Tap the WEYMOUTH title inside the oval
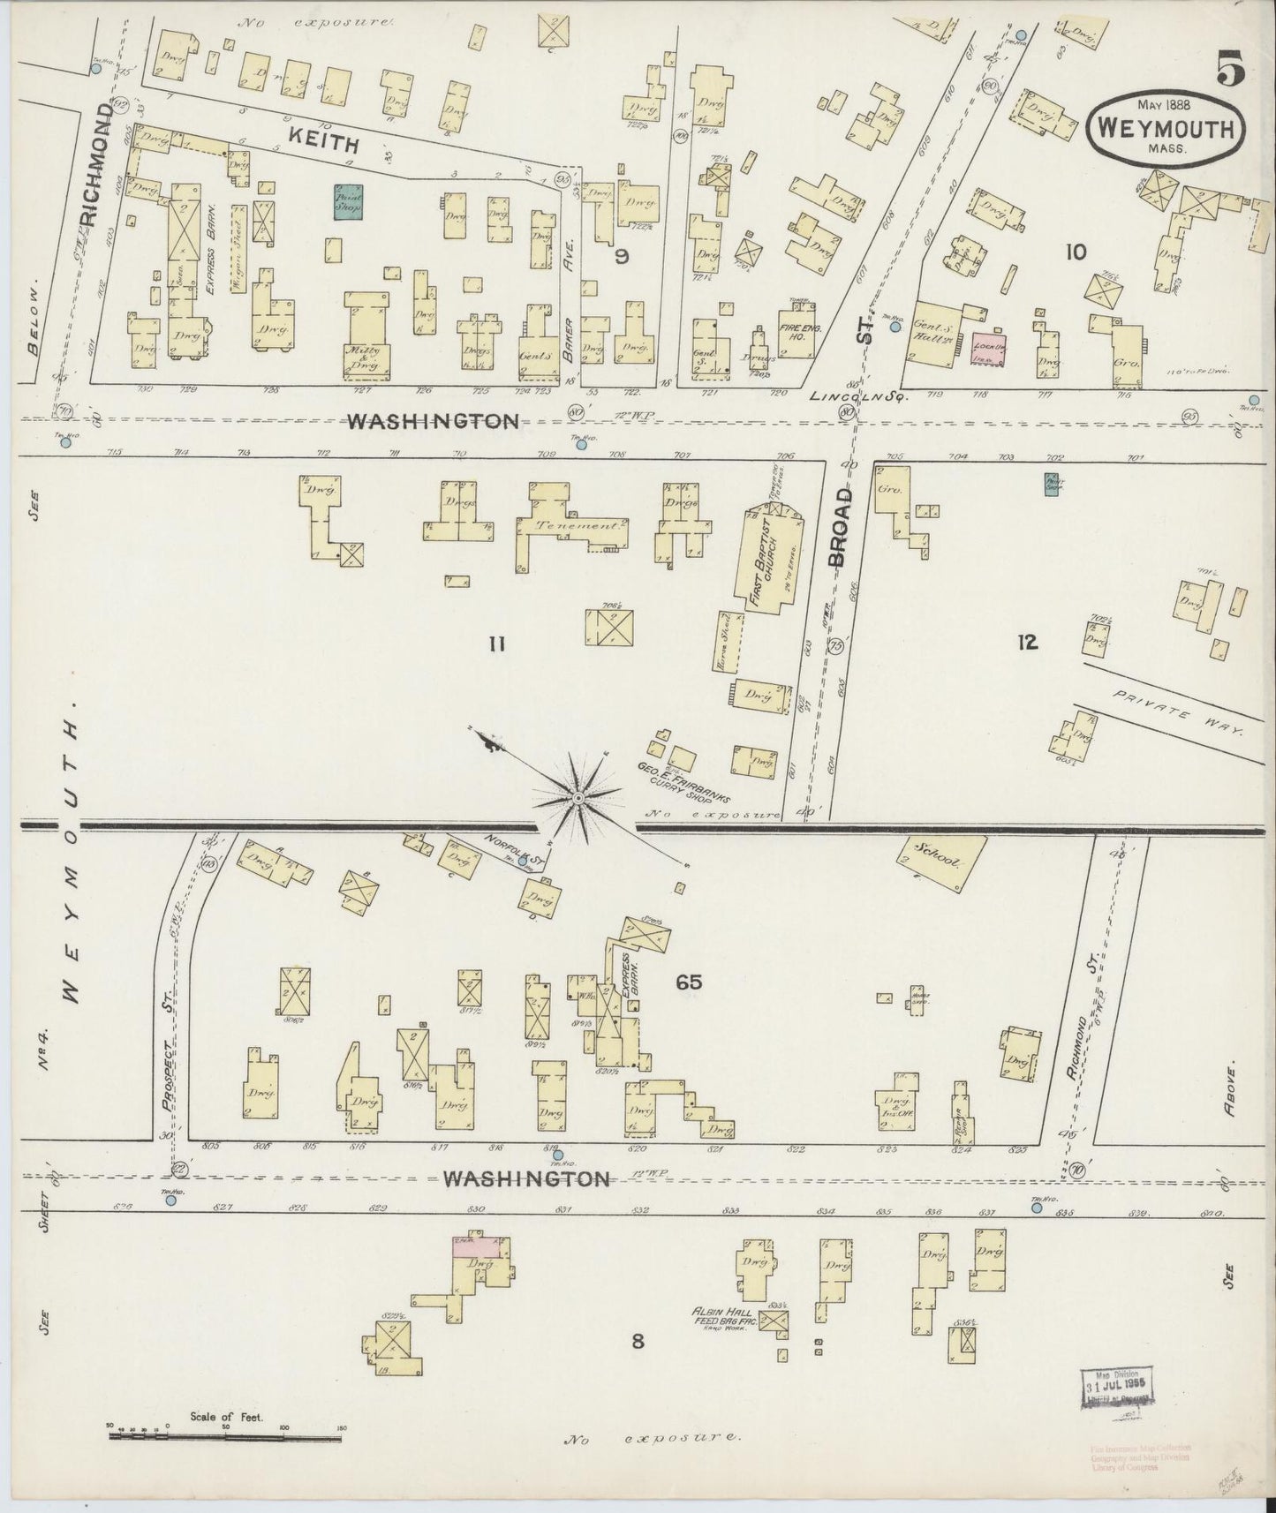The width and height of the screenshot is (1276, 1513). pyautogui.click(x=1166, y=129)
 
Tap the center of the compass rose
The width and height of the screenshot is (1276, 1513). pyautogui.click(x=578, y=798)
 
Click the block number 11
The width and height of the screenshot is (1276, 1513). pyautogui.click(x=497, y=644)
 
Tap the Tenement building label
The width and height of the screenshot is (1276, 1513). pyautogui.click(x=570, y=526)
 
